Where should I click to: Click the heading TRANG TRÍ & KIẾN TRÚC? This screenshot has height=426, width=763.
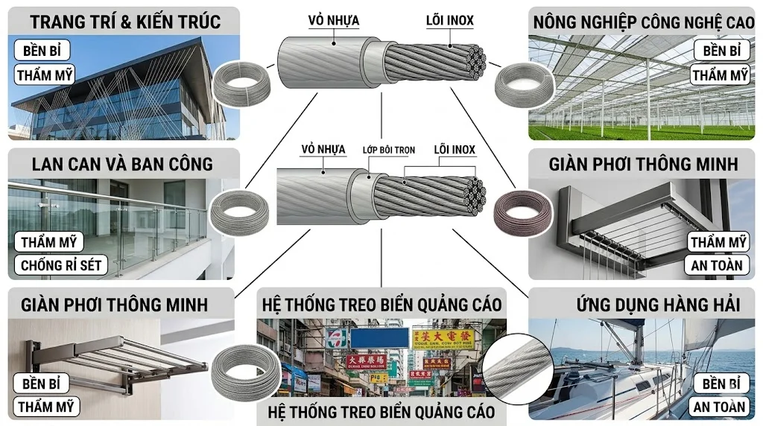(125, 22)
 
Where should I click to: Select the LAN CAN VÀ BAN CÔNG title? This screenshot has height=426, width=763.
(122, 164)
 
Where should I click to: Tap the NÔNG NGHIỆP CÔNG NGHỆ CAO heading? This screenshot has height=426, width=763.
(643, 22)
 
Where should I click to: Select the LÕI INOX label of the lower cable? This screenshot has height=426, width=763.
(455, 150)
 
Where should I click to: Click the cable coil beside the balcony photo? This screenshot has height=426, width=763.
(238, 215)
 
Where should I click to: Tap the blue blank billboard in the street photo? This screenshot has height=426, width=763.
(390, 337)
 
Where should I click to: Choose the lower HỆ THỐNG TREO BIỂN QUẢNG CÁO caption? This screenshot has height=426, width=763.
(381, 412)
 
